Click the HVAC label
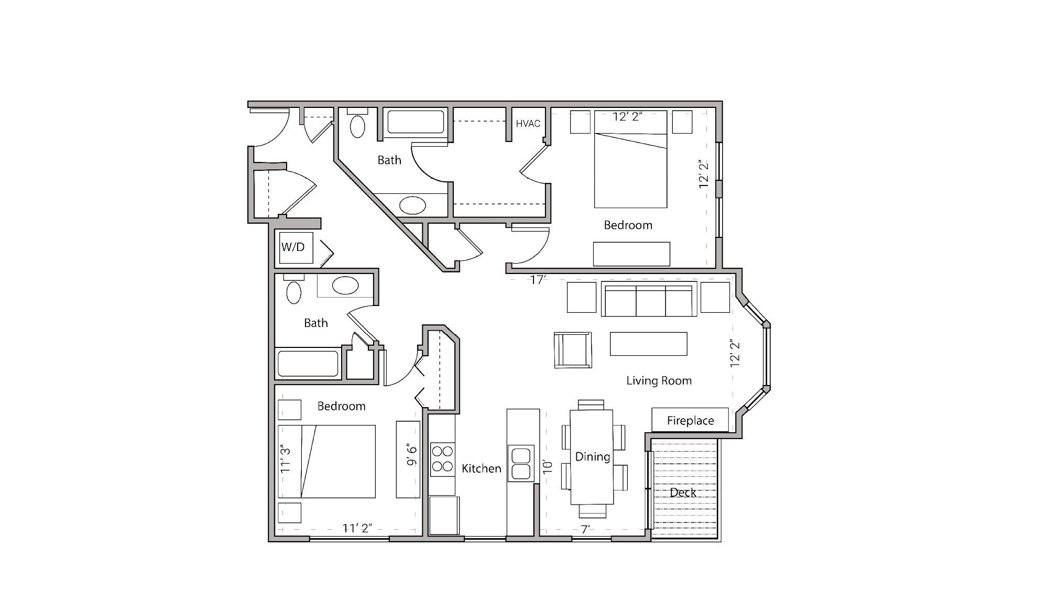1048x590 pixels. [x=528, y=124]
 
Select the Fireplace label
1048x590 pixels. [x=690, y=420]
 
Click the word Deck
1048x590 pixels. [x=683, y=493]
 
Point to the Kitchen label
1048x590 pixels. [x=481, y=468]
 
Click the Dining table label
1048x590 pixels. [x=592, y=456]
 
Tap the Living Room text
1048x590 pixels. [x=659, y=381]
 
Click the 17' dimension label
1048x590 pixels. [x=538, y=280]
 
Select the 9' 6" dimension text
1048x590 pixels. [x=412, y=455]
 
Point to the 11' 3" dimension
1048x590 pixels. [x=285, y=459]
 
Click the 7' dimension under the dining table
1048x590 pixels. [x=585, y=529]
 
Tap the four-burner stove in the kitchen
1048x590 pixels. [x=442, y=459]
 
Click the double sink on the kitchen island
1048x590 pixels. [x=521, y=463]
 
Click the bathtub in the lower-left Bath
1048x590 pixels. [x=308, y=364]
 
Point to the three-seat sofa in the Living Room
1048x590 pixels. [x=649, y=300]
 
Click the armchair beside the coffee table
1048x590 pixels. [x=573, y=349]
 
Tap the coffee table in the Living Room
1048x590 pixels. [x=648, y=344]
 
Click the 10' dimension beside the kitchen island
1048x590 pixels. [x=548, y=466]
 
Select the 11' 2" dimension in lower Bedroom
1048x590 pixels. [x=357, y=528]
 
